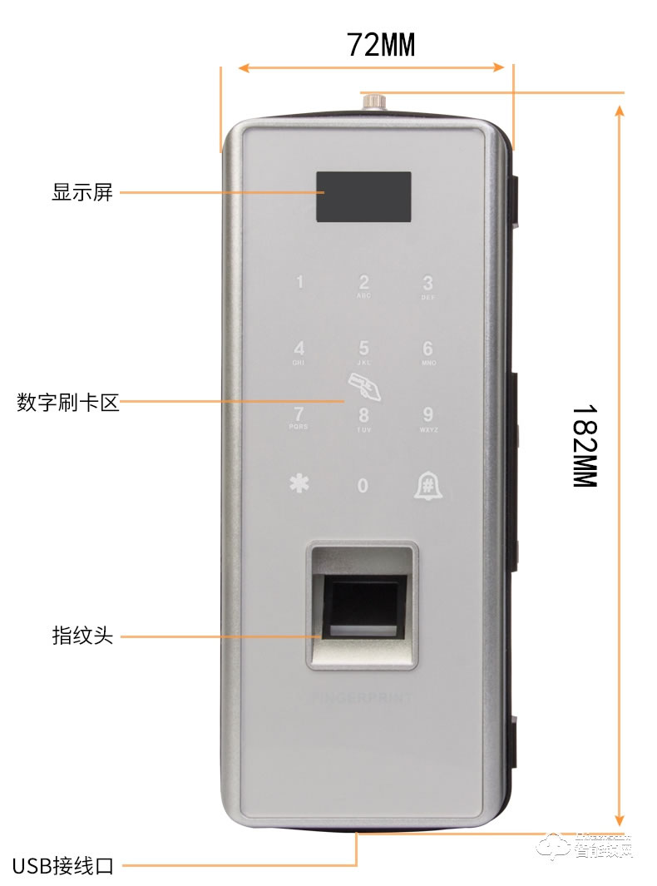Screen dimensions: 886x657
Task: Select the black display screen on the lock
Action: click(363, 197)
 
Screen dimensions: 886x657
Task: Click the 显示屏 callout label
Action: click(82, 193)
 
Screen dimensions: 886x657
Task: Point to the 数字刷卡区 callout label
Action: click(68, 404)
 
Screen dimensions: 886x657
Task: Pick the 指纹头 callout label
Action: click(82, 636)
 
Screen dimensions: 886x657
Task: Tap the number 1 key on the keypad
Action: click(299, 283)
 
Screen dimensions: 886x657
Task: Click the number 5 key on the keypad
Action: click(363, 350)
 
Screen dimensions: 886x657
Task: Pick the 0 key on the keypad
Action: click(363, 485)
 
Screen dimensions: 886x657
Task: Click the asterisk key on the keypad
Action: click(299, 484)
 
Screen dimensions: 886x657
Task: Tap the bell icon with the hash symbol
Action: click(427, 485)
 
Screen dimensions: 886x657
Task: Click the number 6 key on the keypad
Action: click(427, 350)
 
